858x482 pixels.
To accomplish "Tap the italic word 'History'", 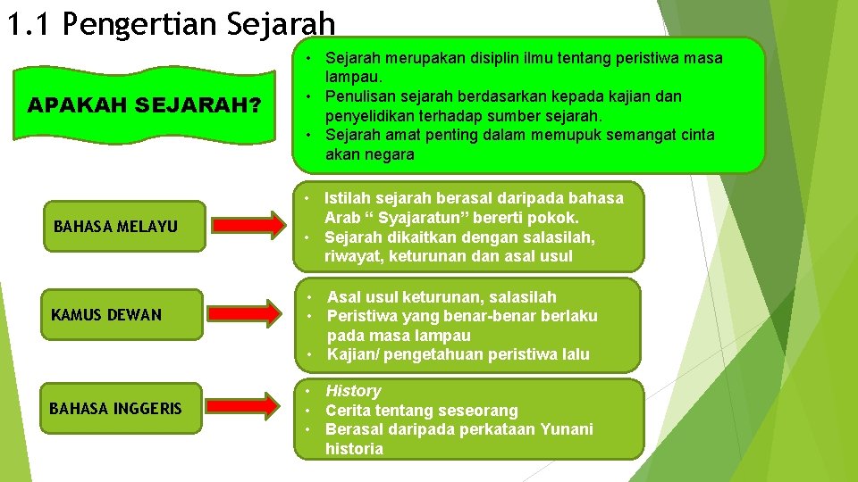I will tap(353, 391).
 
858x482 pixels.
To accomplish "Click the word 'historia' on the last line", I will tap(354, 449).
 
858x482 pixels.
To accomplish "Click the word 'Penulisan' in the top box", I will tap(359, 96).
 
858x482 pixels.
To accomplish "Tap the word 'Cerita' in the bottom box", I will tap(349, 411).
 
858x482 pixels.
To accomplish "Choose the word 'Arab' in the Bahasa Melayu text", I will tap(342, 218).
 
